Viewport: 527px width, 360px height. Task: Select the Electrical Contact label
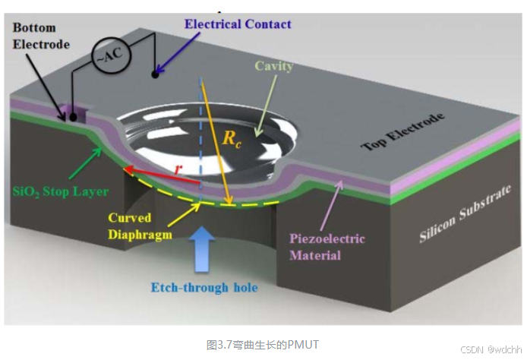tap(238, 24)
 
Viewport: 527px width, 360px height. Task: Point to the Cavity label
tap(274, 67)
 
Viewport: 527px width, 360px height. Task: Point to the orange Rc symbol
tap(231, 139)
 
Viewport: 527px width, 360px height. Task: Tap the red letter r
tap(178, 170)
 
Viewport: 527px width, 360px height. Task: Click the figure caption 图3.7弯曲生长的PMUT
tap(263, 344)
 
